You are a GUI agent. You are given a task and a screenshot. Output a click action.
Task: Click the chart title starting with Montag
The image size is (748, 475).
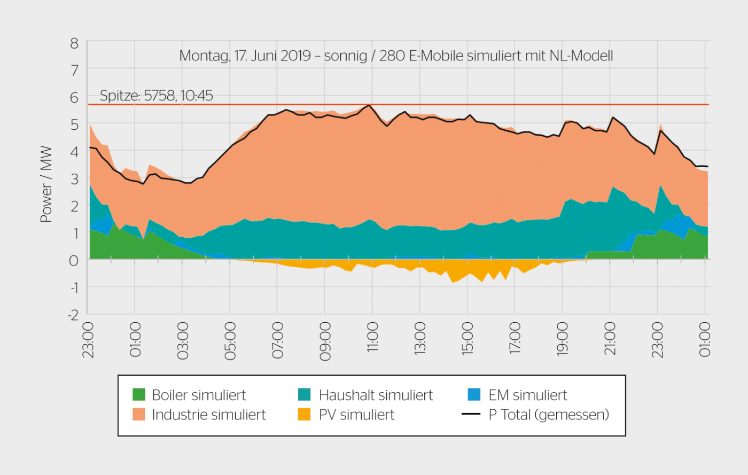pos(396,56)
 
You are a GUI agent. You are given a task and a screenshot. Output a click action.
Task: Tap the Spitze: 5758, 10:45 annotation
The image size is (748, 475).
pos(156,96)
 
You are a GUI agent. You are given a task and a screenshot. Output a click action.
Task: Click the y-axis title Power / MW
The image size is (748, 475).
pos(46,184)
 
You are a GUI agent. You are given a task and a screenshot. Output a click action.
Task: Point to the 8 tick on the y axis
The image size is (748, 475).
pos(74,43)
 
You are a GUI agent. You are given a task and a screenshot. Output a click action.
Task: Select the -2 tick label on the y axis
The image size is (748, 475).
pos(73,315)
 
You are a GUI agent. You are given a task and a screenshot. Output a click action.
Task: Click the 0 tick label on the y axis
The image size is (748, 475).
pos(74,260)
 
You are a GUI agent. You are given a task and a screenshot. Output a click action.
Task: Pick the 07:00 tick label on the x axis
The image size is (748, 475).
pos(277,340)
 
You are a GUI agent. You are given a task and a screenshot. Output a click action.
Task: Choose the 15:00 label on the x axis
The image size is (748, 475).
pos(467,339)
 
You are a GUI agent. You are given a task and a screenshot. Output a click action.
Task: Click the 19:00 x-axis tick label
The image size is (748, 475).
pos(562,339)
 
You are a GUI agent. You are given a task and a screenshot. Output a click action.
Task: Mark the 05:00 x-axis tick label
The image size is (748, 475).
pos(230,340)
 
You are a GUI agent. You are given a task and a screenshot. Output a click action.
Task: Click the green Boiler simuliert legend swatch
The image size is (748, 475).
pos(139,395)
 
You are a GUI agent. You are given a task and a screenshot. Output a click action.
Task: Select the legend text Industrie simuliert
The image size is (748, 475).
pos(208,415)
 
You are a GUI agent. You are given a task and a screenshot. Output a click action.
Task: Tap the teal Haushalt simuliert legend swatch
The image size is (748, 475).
pos(305,395)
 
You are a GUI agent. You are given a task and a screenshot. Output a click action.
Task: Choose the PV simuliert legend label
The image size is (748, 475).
pos(356,415)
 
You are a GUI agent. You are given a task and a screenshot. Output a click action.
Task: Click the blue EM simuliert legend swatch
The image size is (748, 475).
pos(474,395)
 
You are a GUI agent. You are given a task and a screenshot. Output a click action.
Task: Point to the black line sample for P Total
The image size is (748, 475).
pos(471,414)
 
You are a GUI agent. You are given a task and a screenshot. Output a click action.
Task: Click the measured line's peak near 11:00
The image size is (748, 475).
pos(369,105)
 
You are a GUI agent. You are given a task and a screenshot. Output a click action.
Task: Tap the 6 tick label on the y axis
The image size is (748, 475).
pos(74,98)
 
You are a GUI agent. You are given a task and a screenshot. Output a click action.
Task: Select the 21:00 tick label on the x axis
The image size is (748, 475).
pos(610,339)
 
